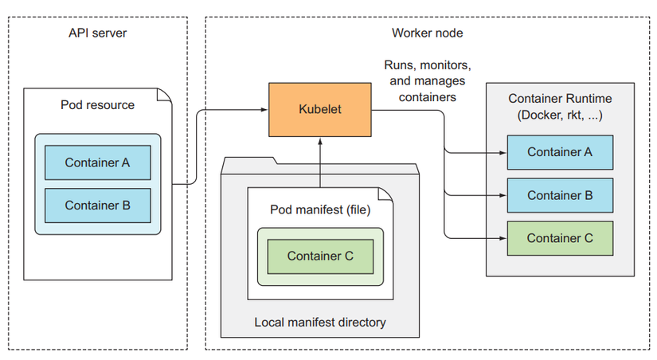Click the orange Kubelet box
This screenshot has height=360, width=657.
(x=319, y=109)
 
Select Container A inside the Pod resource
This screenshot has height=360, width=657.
(x=97, y=162)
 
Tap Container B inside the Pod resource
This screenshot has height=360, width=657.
(x=97, y=205)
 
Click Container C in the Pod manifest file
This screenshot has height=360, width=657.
(x=320, y=256)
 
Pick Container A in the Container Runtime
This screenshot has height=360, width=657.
(x=560, y=152)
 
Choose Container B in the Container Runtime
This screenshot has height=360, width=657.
(x=560, y=195)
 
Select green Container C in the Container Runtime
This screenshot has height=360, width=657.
(x=560, y=238)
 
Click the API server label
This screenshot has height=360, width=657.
(x=97, y=33)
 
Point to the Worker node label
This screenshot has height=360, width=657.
(x=427, y=33)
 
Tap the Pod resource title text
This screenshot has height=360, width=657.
(x=97, y=104)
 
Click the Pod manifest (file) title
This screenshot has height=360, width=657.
(x=320, y=210)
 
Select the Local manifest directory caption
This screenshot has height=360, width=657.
(x=320, y=323)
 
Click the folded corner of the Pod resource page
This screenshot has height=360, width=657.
(x=163, y=95)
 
